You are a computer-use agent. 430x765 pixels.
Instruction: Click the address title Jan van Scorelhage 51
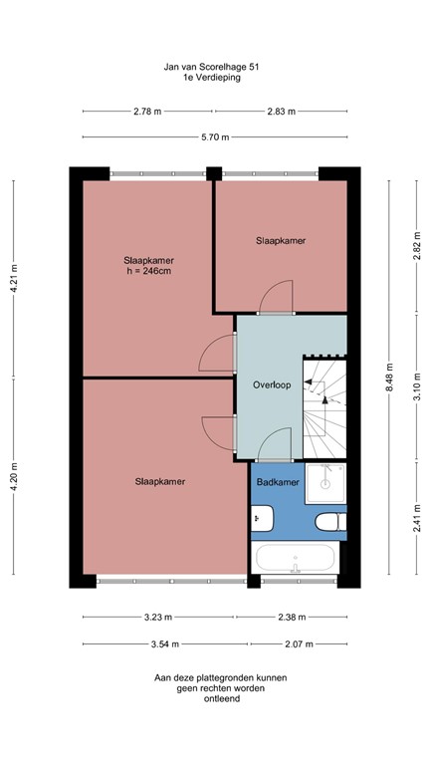214,67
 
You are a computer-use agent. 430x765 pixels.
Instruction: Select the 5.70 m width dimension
214,137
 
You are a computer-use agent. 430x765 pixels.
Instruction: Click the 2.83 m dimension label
282,113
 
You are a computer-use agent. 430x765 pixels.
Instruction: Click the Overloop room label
271,385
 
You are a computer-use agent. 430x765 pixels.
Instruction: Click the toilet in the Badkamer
328,522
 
